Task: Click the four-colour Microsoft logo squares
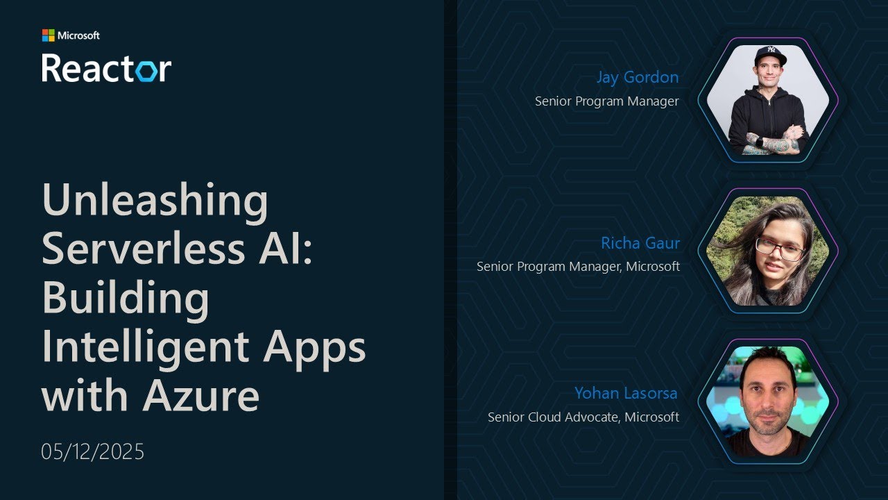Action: tap(49, 35)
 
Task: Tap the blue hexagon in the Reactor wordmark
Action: tap(146, 71)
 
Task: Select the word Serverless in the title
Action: tap(144, 248)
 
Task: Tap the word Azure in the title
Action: tap(201, 396)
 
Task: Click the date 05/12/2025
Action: tap(93, 451)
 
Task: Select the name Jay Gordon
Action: tap(638, 77)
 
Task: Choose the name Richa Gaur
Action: tap(640, 243)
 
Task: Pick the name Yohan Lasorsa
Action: tap(626, 393)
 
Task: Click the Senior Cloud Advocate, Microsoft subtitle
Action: tap(583, 417)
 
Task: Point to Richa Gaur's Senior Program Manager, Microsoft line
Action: tap(578, 267)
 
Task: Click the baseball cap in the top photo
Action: tap(770, 55)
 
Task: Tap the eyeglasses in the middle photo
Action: tap(779, 248)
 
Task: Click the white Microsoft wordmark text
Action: tap(78, 35)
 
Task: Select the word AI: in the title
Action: tap(285, 248)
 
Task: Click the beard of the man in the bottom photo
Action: tap(768, 426)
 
